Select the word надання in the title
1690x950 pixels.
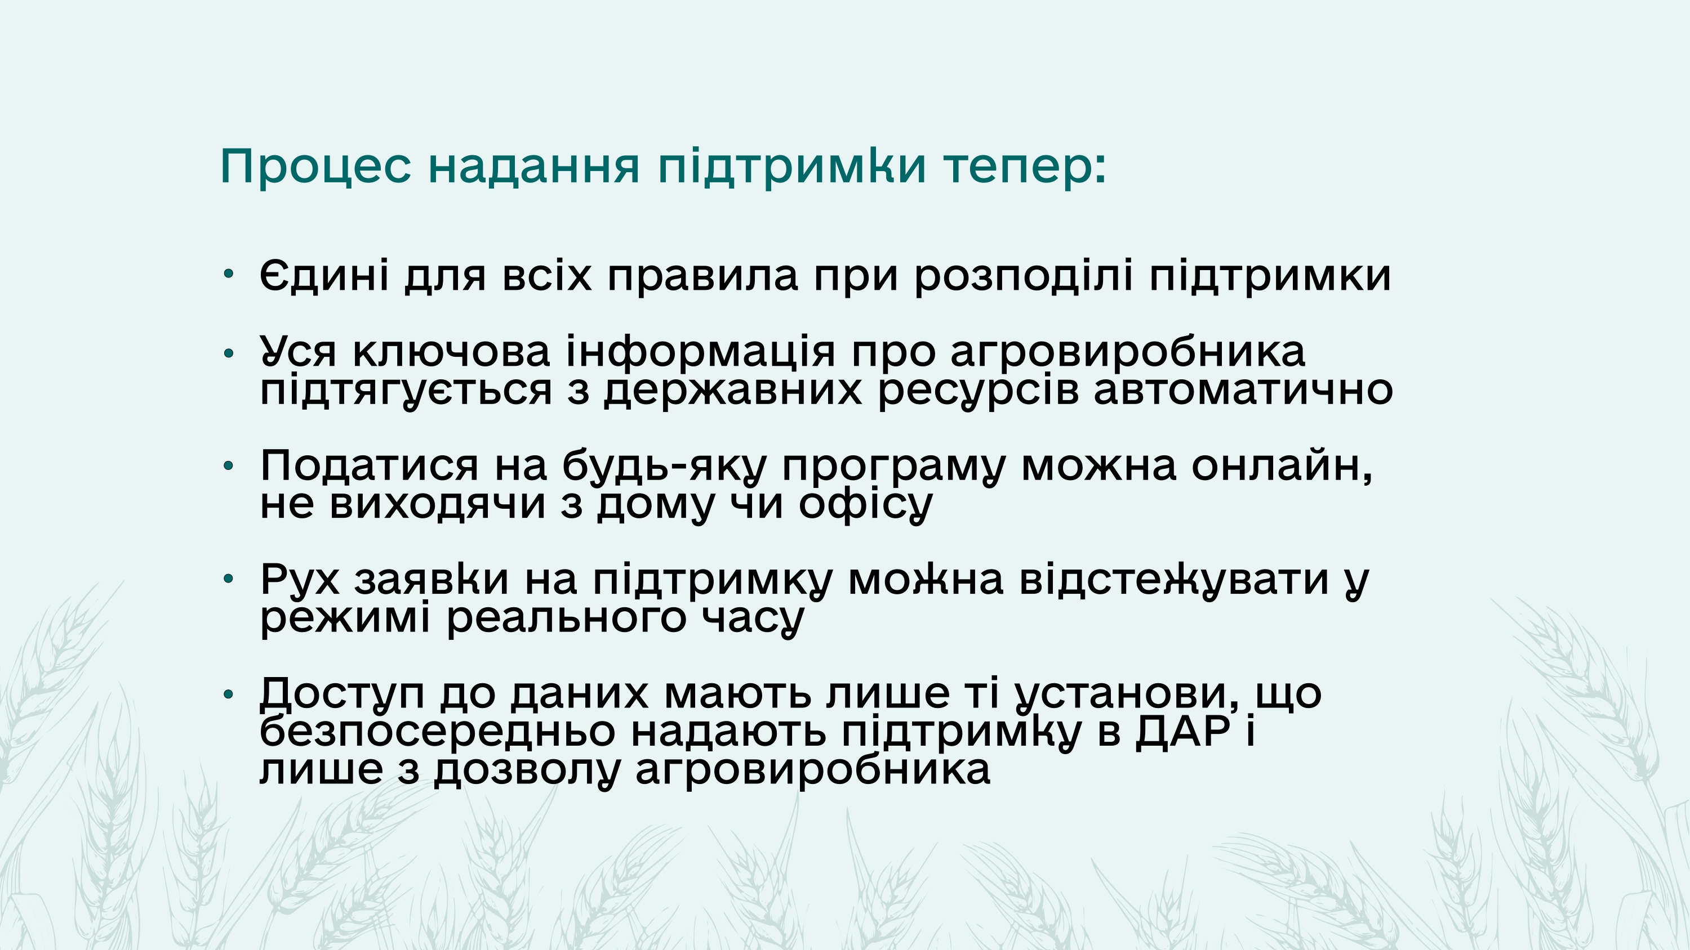(x=534, y=166)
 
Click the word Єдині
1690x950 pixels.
(x=324, y=275)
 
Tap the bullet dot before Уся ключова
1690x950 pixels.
(x=228, y=353)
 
